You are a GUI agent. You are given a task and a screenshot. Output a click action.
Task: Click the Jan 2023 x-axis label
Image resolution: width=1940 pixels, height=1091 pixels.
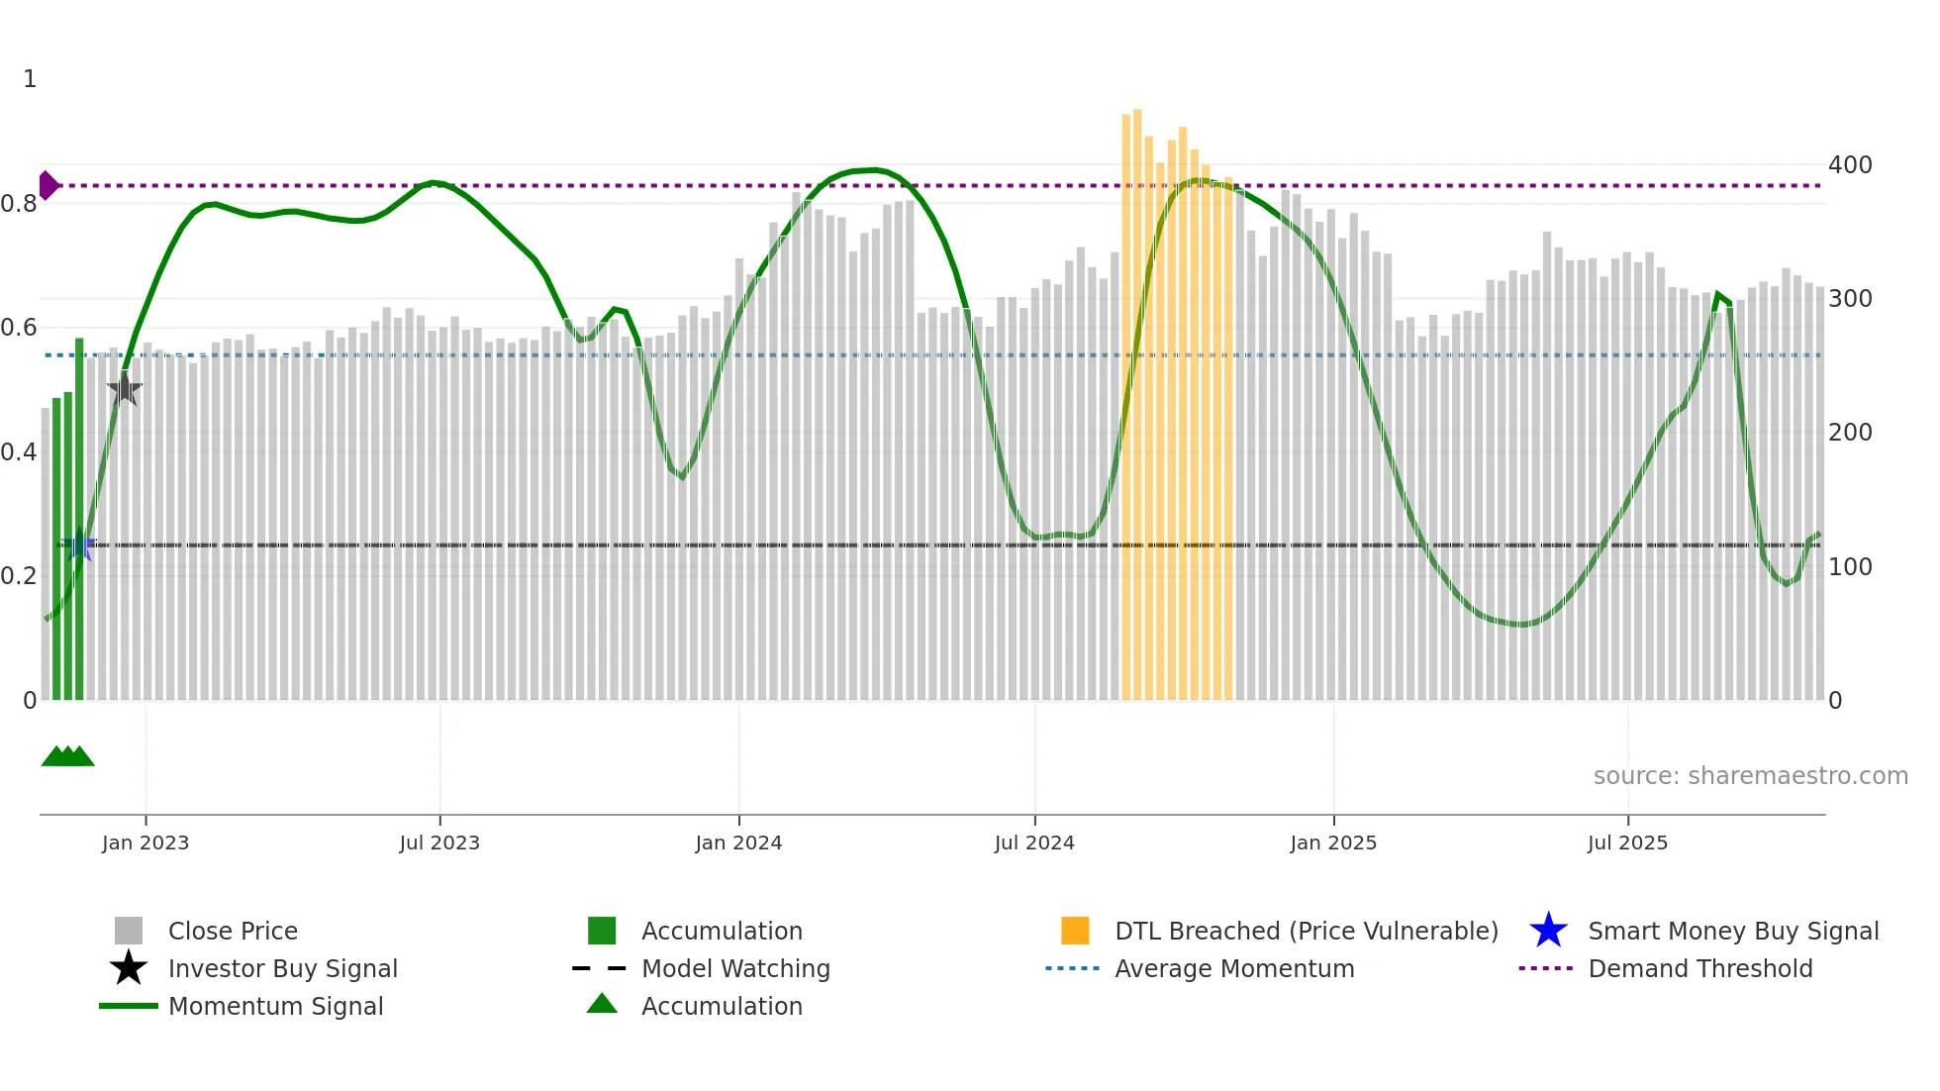click(x=145, y=843)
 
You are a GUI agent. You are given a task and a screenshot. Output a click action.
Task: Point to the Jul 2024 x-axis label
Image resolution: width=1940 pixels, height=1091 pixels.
click(x=1034, y=843)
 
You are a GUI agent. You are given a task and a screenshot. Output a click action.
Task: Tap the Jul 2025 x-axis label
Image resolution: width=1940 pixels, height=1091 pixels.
click(x=1627, y=843)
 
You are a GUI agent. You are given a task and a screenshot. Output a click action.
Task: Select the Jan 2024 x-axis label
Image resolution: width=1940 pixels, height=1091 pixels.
click(x=738, y=843)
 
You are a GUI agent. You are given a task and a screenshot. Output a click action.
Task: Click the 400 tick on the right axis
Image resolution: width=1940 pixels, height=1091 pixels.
click(x=1850, y=165)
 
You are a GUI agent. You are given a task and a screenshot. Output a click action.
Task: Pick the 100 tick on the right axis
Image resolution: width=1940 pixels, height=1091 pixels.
click(x=1850, y=567)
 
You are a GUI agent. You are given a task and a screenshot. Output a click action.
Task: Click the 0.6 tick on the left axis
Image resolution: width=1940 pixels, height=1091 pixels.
click(x=19, y=328)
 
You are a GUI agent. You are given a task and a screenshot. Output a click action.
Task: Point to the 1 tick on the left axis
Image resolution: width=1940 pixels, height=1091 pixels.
click(x=30, y=79)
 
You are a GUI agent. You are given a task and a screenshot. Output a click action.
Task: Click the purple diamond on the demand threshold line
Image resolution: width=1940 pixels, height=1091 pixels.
click(x=48, y=185)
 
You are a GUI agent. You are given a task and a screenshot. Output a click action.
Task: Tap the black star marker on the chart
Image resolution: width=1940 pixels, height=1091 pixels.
click(x=125, y=388)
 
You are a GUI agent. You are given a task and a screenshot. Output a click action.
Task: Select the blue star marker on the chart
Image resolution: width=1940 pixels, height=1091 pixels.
click(x=79, y=545)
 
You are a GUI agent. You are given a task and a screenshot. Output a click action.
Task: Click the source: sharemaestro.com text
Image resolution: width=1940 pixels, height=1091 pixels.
click(x=1750, y=776)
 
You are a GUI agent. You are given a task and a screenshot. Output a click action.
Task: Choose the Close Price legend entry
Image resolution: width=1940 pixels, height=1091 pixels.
click(x=233, y=931)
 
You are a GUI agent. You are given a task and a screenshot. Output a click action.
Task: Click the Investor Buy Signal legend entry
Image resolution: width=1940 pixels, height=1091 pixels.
click(x=282, y=968)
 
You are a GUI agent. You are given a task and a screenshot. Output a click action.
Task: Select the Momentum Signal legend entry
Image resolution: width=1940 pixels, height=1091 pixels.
click(x=275, y=1006)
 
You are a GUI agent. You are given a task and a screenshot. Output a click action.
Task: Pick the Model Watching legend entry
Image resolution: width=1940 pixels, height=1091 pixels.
click(x=735, y=968)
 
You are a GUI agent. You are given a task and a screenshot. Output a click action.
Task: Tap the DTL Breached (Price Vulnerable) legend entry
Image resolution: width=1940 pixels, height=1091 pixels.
click(x=1306, y=931)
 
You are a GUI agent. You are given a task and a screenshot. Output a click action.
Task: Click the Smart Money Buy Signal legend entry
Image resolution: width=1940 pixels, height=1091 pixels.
click(x=1733, y=931)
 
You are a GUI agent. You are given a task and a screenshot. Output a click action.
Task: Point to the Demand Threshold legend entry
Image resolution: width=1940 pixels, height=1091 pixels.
click(x=1699, y=968)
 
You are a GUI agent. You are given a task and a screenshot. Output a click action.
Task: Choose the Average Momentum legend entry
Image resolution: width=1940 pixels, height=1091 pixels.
click(x=1234, y=968)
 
